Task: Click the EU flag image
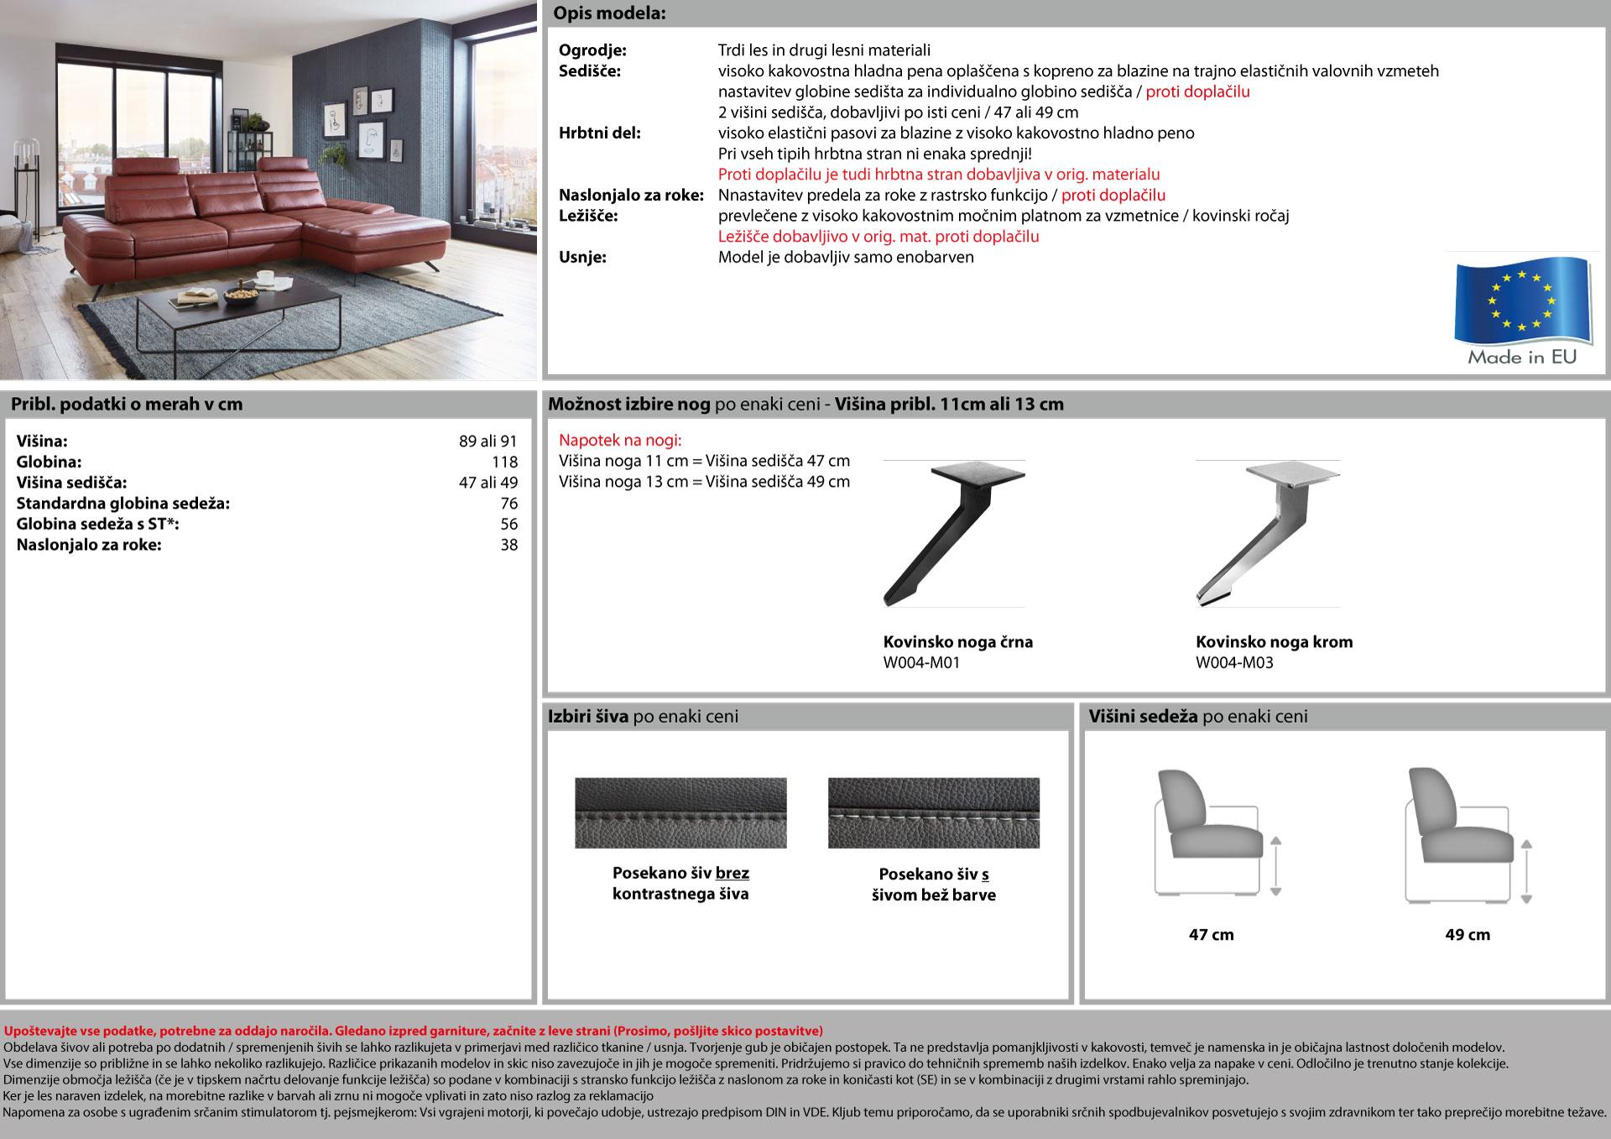1522,300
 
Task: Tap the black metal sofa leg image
953,533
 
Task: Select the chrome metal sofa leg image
1267,533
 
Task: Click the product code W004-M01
921,663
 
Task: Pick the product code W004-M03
1234,663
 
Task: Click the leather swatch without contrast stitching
680,812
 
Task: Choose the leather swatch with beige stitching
933,812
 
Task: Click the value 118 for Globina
504,462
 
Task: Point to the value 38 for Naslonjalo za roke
508,546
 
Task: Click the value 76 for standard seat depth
508,504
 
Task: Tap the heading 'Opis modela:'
610,14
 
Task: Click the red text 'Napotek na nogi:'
620,441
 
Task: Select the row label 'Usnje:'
582,258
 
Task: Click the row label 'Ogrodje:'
592,50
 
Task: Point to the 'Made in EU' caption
1521,358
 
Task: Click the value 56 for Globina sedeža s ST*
508,525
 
